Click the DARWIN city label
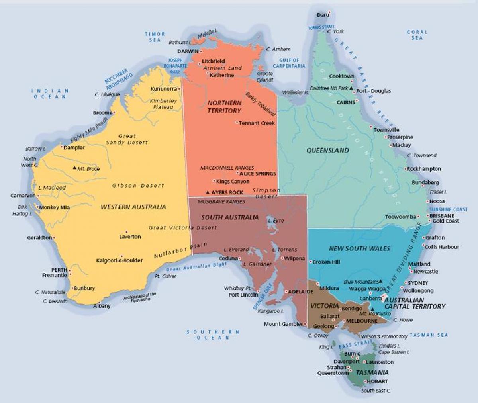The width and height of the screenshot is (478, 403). point(188,51)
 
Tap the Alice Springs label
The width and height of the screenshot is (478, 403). point(258,174)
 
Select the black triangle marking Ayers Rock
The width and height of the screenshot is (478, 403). point(208,192)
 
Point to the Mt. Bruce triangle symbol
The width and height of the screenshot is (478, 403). point(74,168)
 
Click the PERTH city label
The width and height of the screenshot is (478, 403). point(59,270)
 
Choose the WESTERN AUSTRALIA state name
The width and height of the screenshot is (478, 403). point(133,207)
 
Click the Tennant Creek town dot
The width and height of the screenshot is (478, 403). point(237,123)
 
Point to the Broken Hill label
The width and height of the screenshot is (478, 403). point(326,262)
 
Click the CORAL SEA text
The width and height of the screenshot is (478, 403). point(417,35)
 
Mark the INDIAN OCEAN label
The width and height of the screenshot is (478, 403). point(50,94)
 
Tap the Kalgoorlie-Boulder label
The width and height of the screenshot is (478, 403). point(119,261)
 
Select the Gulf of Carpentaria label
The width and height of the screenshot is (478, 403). point(289,63)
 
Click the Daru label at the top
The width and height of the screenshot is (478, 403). point(323,15)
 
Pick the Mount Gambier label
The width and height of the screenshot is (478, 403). point(283,324)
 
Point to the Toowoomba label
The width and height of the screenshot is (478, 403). point(400,217)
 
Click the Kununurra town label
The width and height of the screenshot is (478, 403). point(163,88)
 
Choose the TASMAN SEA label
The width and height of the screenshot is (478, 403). point(429,335)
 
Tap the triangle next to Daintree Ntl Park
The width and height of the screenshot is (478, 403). point(351,88)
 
